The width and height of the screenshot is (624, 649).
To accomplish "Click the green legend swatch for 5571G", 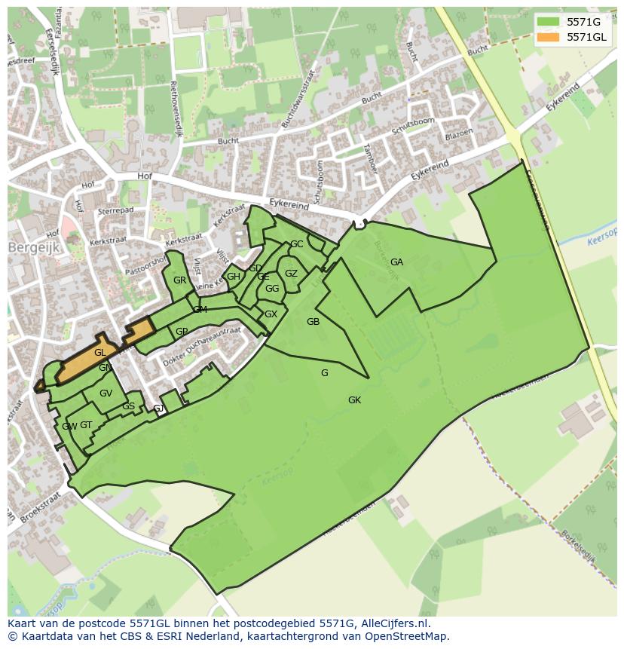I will click(x=549, y=22).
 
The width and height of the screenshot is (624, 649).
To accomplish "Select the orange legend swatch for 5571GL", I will click(x=549, y=37).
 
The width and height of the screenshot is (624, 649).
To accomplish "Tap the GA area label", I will click(x=396, y=262).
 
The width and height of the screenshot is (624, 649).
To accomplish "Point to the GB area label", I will click(x=313, y=322).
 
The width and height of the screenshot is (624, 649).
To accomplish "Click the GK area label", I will click(x=354, y=400).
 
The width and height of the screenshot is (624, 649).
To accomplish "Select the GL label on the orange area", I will click(x=99, y=353).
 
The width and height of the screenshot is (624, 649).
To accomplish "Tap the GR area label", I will click(x=179, y=280).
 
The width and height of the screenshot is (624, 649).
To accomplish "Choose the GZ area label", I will click(x=291, y=274).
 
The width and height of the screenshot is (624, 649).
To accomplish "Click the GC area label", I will click(x=297, y=244).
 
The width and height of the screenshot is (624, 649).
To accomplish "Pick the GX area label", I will click(x=271, y=314).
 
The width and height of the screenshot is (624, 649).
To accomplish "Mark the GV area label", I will click(x=106, y=393).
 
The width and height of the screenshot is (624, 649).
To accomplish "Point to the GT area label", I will click(x=86, y=425).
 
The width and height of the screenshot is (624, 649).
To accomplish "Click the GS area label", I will click(x=128, y=406).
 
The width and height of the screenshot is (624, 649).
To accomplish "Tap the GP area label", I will click(x=182, y=332).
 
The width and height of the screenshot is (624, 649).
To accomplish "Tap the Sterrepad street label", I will click(x=115, y=213).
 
